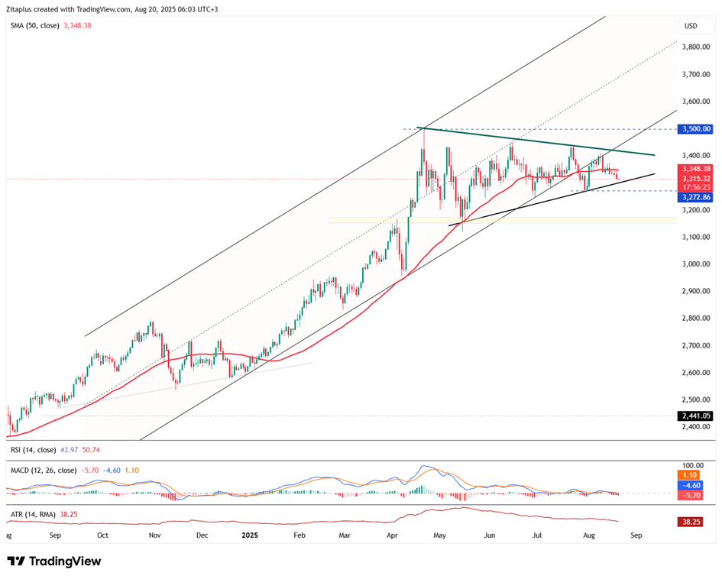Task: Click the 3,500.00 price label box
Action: pos(695,129)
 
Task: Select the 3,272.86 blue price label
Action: pos(695,197)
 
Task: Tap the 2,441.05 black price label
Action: pos(695,416)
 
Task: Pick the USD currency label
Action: pos(691,26)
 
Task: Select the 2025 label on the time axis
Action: pos(251,535)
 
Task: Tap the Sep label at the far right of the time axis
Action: pos(636,535)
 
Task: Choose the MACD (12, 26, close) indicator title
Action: pos(43,471)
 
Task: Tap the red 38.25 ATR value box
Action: pos(691,522)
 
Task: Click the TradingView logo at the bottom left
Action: pos(53,561)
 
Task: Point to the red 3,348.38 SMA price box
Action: pos(695,169)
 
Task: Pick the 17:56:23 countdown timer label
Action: pos(696,187)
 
